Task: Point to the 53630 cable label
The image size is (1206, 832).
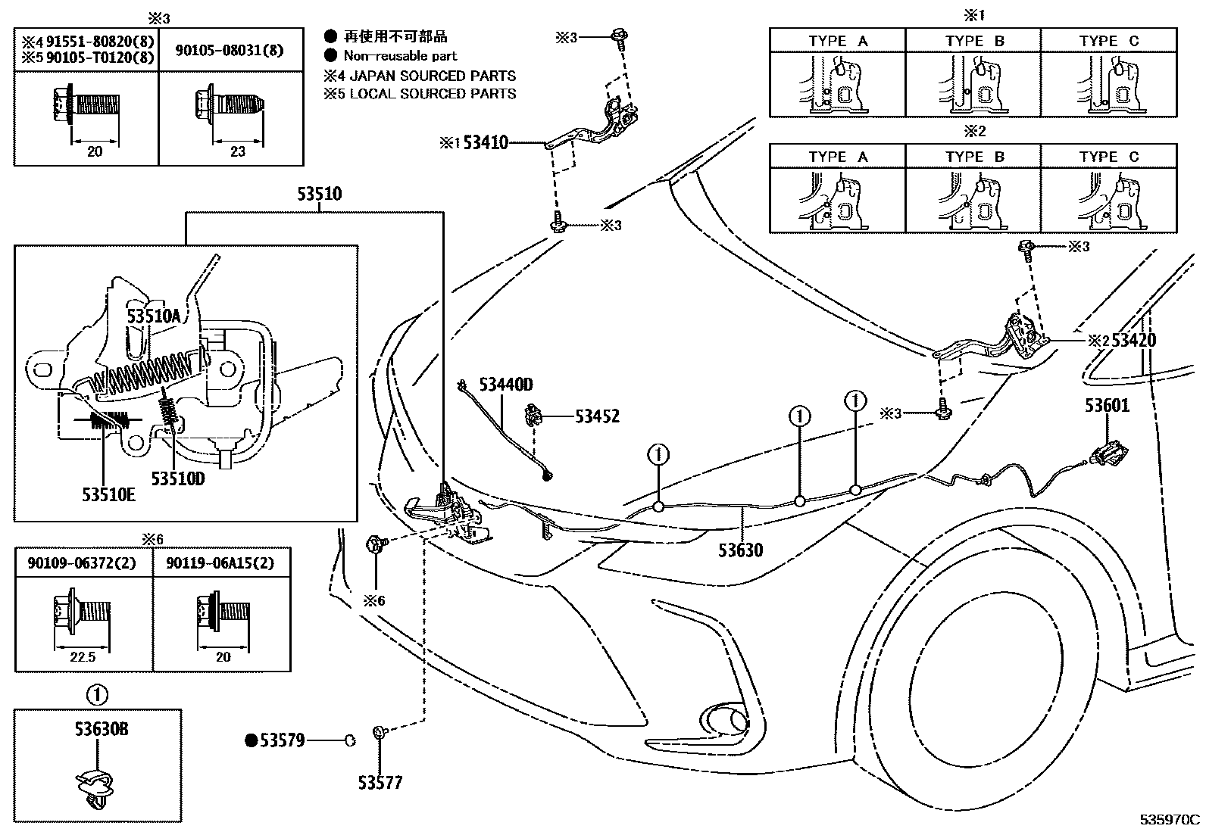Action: coord(741,550)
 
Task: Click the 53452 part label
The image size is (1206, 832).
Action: coord(597,416)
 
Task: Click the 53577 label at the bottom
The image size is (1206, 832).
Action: coord(380,782)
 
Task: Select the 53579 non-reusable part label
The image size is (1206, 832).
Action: coord(282,740)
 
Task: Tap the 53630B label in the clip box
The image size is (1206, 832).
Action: coord(102,729)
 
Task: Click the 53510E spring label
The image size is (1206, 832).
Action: coord(109,494)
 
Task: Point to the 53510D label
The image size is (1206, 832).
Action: coord(178,478)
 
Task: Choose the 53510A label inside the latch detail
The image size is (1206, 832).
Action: coord(154,315)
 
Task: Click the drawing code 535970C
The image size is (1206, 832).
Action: coord(1171,820)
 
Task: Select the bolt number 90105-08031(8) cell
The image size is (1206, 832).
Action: coord(230,50)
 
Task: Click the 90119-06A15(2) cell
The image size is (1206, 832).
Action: coord(223,563)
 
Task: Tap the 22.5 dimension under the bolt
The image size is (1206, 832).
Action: coord(83,657)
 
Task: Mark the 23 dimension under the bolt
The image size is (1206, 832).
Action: coord(238,151)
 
